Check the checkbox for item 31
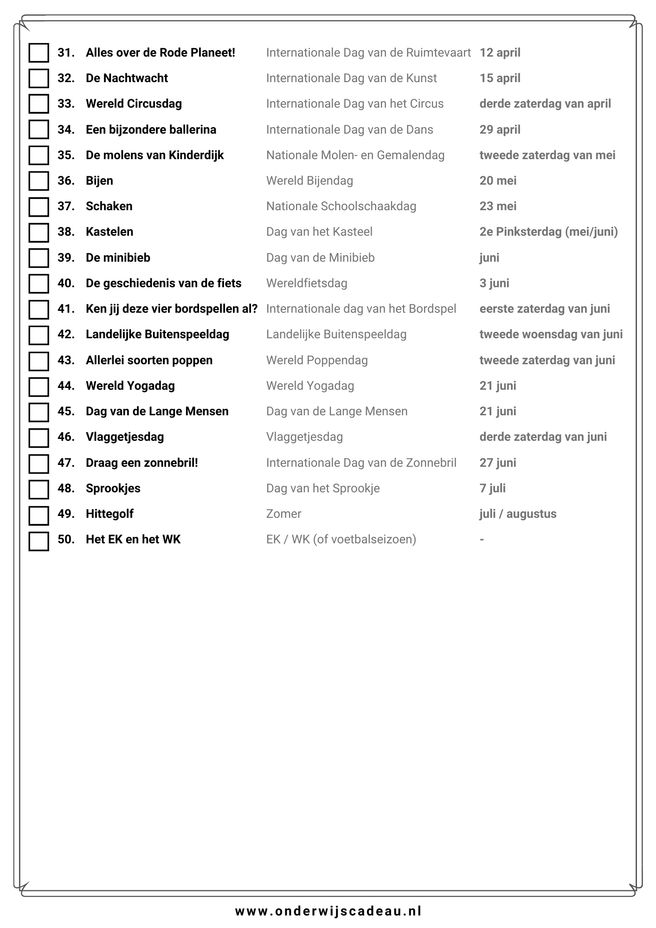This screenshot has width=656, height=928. (x=39, y=53)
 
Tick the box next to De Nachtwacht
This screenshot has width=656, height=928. (x=39, y=78)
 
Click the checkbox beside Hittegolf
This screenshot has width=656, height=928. (x=39, y=515)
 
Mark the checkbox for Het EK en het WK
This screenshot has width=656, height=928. (x=39, y=541)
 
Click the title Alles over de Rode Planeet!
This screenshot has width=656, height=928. (x=161, y=53)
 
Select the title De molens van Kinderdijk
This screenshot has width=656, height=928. (x=154, y=155)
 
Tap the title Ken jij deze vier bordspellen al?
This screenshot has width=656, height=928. (x=172, y=309)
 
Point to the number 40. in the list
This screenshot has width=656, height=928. (x=66, y=284)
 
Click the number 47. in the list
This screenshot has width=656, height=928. (x=66, y=463)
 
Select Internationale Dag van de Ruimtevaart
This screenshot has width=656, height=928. (x=368, y=53)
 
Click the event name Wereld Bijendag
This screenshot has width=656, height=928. (x=309, y=181)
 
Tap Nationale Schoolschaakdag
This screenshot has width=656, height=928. (x=341, y=206)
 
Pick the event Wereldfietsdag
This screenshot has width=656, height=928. (x=307, y=284)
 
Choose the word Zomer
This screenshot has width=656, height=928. (x=283, y=514)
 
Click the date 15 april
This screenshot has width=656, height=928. (x=500, y=78)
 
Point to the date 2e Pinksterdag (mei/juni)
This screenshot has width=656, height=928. (x=548, y=232)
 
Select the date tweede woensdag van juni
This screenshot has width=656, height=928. (x=551, y=335)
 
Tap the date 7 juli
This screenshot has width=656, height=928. (x=492, y=489)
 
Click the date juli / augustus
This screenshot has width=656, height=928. (x=518, y=514)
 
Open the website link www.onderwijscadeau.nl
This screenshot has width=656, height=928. (x=328, y=911)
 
